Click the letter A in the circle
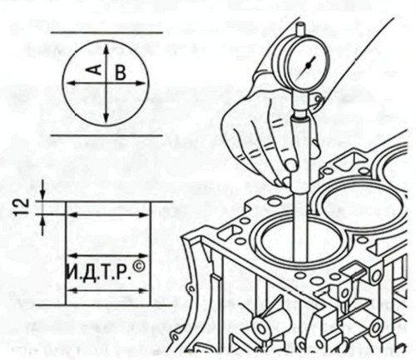[96, 69]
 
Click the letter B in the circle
[121, 73]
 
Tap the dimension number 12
[23, 206]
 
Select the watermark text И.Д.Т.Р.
[99, 272]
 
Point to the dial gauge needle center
[308, 65]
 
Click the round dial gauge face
[307, 66]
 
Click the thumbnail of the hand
[290, 164]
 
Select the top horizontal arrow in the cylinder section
[108, 215]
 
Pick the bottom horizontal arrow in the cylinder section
[108, 290]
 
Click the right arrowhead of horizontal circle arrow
[140, 82]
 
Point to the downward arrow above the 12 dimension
[42, 190]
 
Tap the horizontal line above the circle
[106, 32]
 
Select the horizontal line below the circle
[106, 136]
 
